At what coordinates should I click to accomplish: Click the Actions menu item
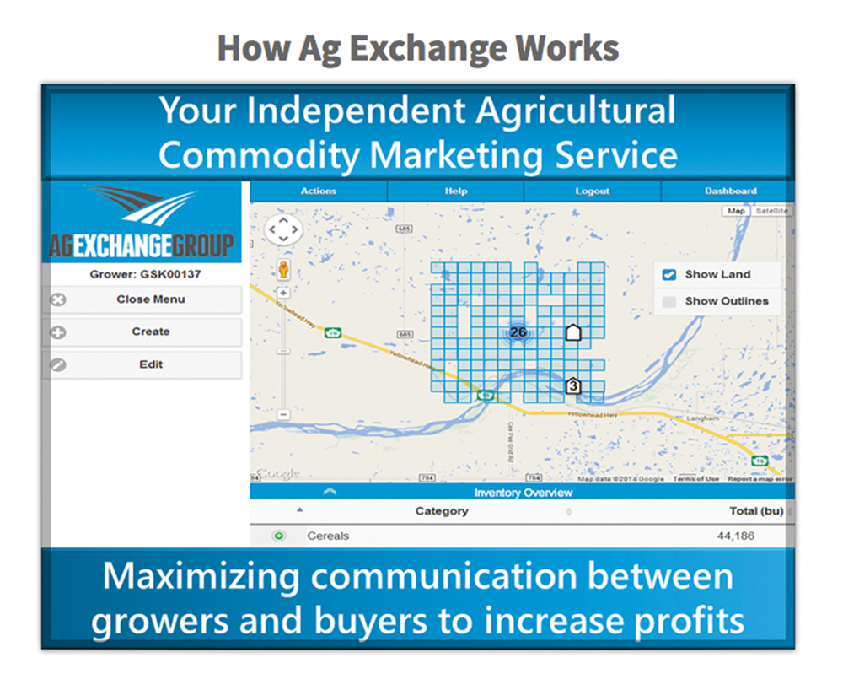[x=319, y=191]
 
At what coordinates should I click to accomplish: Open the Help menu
[x=456, y=191]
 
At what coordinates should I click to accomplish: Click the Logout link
[x=592, y=191]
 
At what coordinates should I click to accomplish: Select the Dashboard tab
[x=730, y=191]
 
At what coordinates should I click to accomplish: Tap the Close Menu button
[x=150, y=299]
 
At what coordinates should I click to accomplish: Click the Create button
[x=150, y=332]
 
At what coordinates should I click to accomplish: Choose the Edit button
[x=150, y=365]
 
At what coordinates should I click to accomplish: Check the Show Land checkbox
[x=669, y=274]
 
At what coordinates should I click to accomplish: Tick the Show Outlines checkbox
[x=669, y=301]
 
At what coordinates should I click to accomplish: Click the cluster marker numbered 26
[x=518, y=332]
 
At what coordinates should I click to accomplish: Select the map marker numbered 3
[x=573, y=386]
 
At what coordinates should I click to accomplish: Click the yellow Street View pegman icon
[x=283, y=270]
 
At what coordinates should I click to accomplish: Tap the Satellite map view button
[x=771, y=211]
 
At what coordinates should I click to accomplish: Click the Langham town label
[x=702, y=418]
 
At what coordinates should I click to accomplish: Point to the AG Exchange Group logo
[x=141, y=224]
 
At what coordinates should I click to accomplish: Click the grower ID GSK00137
[x=146, y=274]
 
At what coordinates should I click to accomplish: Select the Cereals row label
[x=328, y=536]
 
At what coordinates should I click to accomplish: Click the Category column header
[x=442, y=511]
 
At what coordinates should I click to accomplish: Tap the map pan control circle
[x=283, y=229]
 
